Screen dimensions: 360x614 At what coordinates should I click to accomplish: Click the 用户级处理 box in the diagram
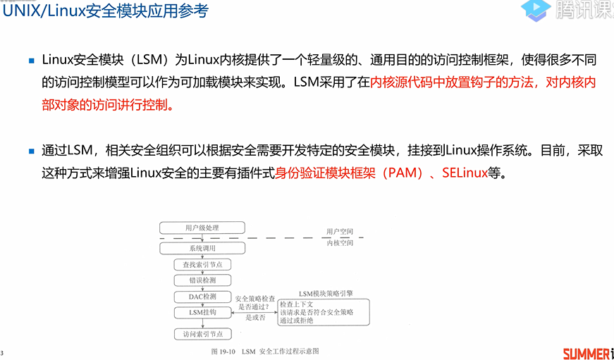coord(202,228)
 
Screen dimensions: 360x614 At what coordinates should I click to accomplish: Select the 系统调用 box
coord(202,248)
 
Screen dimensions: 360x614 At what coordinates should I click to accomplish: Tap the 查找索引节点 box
coord(202,264)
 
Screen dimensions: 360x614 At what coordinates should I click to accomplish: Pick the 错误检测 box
coord(202,280)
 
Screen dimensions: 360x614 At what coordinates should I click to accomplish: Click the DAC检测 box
coord(202,297)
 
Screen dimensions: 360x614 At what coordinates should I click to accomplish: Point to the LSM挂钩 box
coord(202,311)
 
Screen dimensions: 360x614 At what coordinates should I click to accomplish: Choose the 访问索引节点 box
coord(202,334)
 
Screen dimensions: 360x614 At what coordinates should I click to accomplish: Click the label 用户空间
coord(339,231)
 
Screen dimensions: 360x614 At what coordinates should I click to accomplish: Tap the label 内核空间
coord(339,242)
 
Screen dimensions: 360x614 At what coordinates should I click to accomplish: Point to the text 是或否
coord(255,318)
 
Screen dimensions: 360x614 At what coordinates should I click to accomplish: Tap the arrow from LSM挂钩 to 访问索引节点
coord(202,323)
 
